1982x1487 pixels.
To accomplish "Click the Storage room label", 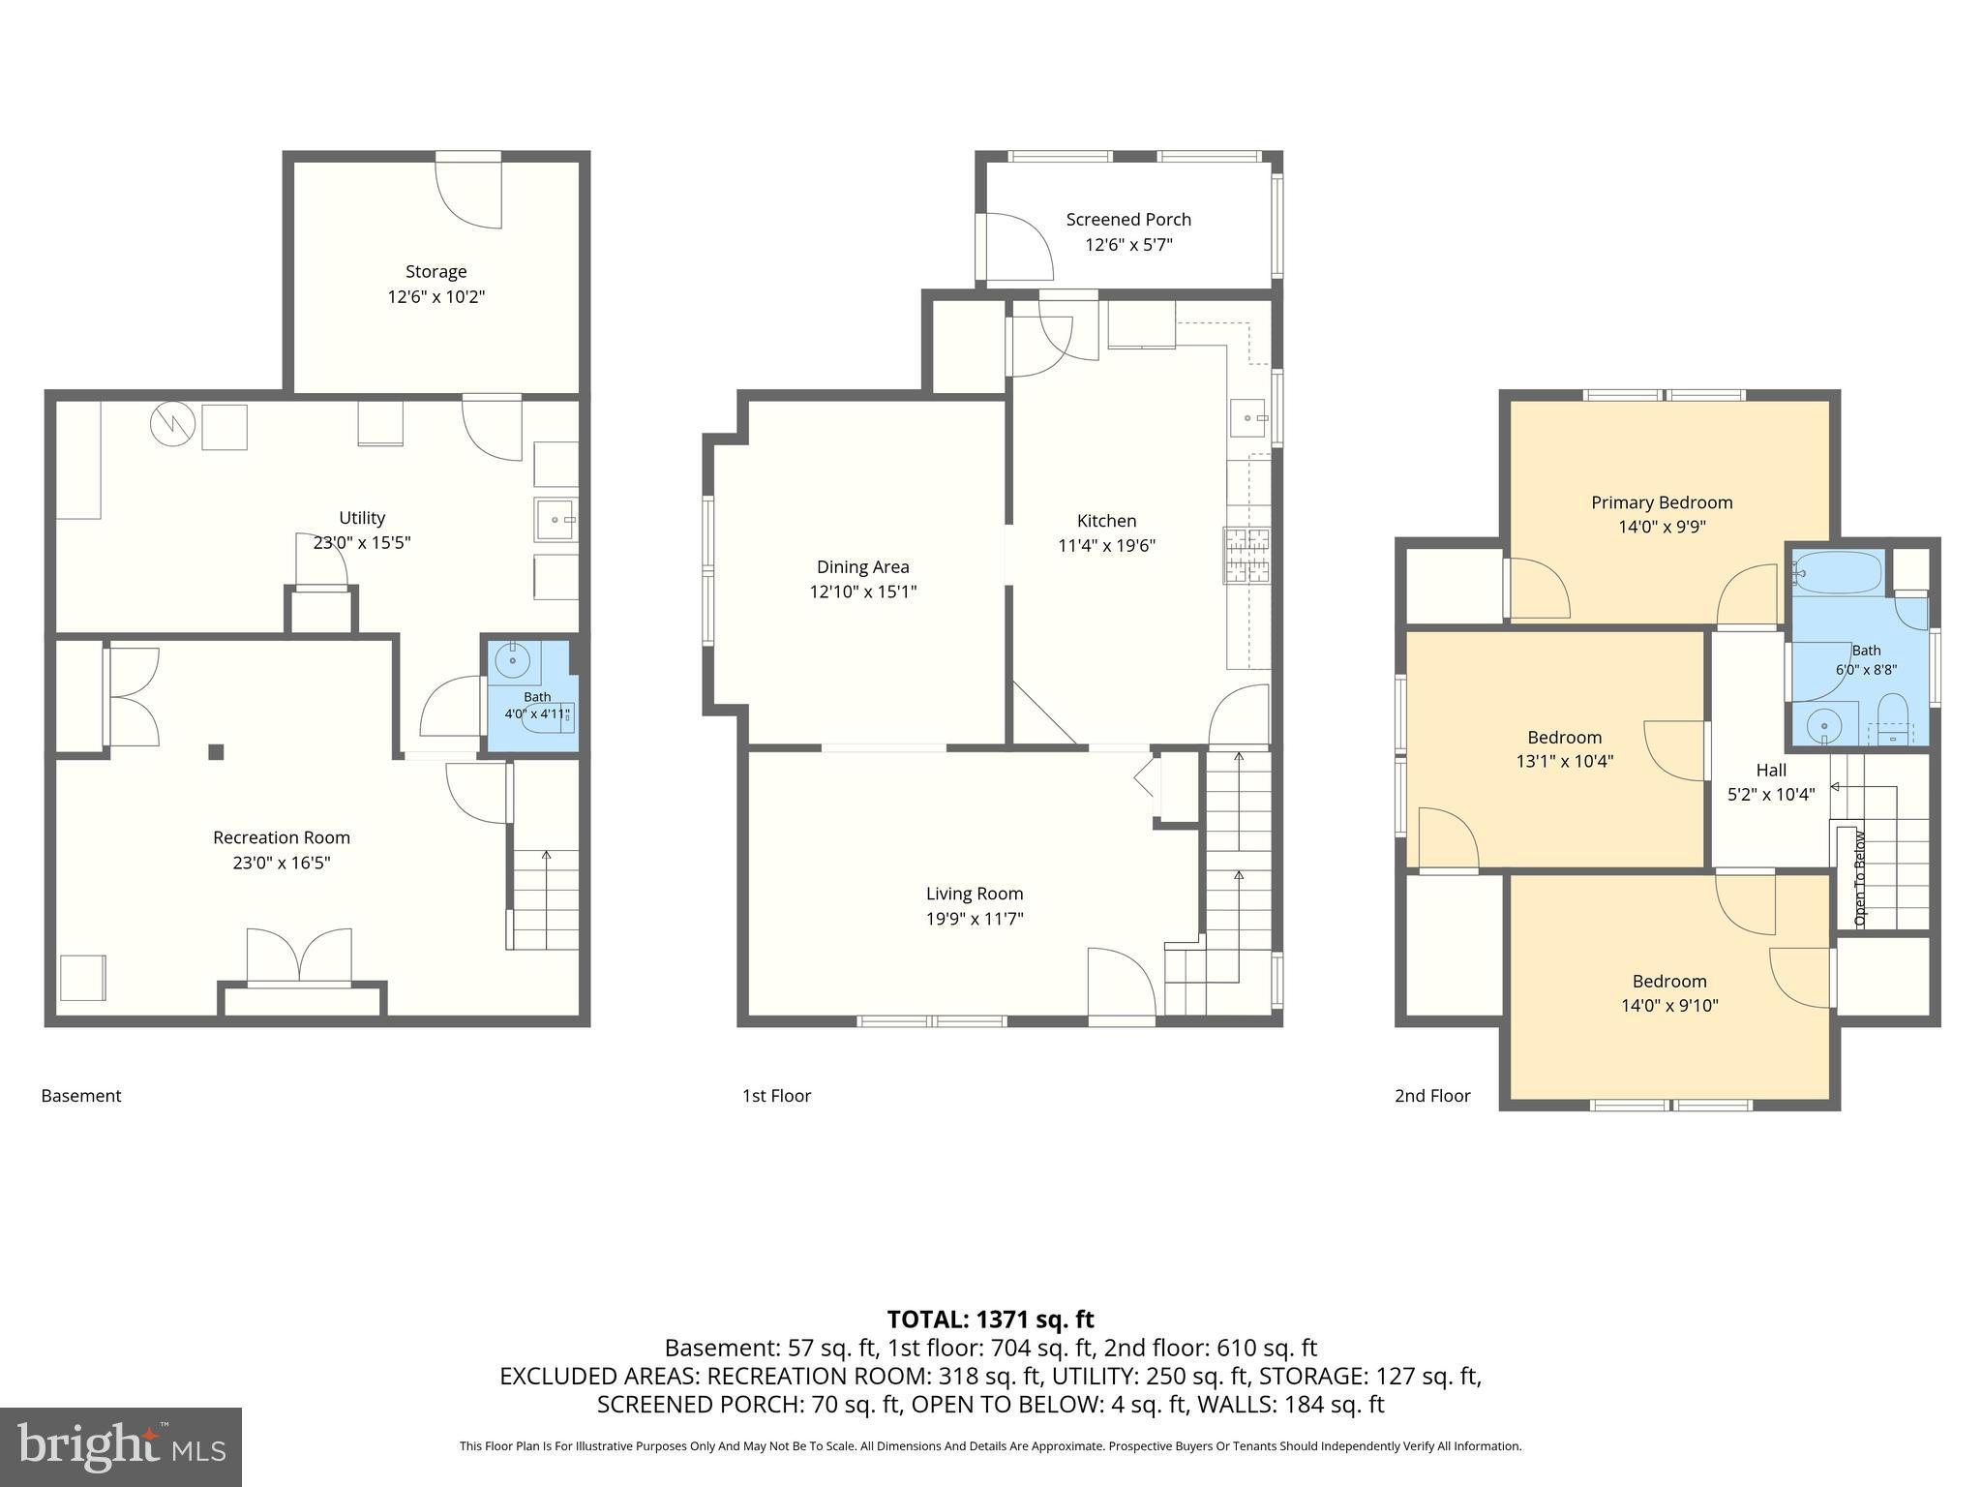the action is pos(435,272).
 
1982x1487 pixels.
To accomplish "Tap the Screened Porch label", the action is pos(1128,220).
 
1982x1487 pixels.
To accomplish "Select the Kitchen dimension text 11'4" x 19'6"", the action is pos(1107,546).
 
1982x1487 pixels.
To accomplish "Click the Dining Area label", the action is pos(862,567).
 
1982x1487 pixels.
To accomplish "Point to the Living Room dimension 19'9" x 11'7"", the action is pos(975,919).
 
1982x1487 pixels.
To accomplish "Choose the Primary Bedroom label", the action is pos(1662,502).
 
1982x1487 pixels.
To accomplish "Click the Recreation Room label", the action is pos(282,837).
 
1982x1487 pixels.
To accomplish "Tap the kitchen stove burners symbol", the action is pos(1247,556).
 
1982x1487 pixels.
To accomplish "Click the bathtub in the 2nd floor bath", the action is pos(1836,572).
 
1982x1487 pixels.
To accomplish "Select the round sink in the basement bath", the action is pos(512,662).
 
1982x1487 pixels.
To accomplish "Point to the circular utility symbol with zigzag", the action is pos(172,423).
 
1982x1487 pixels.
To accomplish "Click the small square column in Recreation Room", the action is pos(217,751).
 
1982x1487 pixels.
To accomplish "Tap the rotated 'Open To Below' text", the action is pos(1859,878).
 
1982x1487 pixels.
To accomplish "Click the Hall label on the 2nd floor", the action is pos(1771,771).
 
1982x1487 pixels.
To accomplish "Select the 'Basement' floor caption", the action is pos(81,1096).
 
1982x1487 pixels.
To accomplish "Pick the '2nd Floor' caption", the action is pos(1432,1096).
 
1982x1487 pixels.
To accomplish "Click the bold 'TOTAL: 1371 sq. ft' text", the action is pos(990,1320).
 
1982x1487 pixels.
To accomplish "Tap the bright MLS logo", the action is pos(121,1446).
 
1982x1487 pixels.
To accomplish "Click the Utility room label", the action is pos(362,518).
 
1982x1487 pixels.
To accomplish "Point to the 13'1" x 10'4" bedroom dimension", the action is pos(1565,762).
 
